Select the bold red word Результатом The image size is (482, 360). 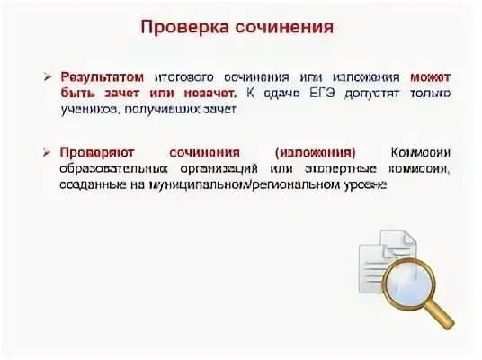coord(100,77)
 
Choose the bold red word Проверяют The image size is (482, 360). coord(95,152)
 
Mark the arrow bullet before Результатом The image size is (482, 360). coord(51,77)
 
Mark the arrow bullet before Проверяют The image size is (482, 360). coord(51,152)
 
